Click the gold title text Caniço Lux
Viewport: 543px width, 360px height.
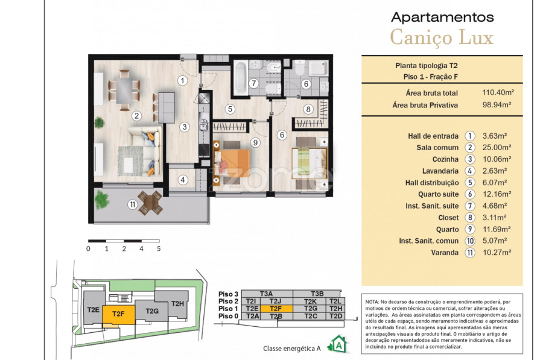coord(442,38)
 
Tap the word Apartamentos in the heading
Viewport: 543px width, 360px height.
coord(442,17)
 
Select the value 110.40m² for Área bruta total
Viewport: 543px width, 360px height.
coord(498,92)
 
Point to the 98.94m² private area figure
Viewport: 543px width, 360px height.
coord(497,104)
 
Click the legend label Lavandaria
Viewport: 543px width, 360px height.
coord(440,171)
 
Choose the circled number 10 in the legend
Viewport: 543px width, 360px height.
coord(470,241)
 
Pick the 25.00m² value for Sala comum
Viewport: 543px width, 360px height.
coord(497,148)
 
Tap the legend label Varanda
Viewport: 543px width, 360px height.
coord(445,253)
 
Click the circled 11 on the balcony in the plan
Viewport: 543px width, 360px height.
coord(133,204)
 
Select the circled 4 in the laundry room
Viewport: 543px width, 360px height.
coord(183,180)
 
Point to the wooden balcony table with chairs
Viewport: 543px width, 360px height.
coord(150,203)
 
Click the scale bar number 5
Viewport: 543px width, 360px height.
coord(159,248)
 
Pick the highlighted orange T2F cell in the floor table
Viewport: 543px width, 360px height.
coord(276,309)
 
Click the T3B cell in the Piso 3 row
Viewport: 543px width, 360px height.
coord(317,294)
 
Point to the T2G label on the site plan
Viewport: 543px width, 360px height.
coord(152,311)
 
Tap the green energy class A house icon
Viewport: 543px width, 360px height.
coord(338,344)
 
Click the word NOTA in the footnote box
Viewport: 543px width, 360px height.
coord(372,302)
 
